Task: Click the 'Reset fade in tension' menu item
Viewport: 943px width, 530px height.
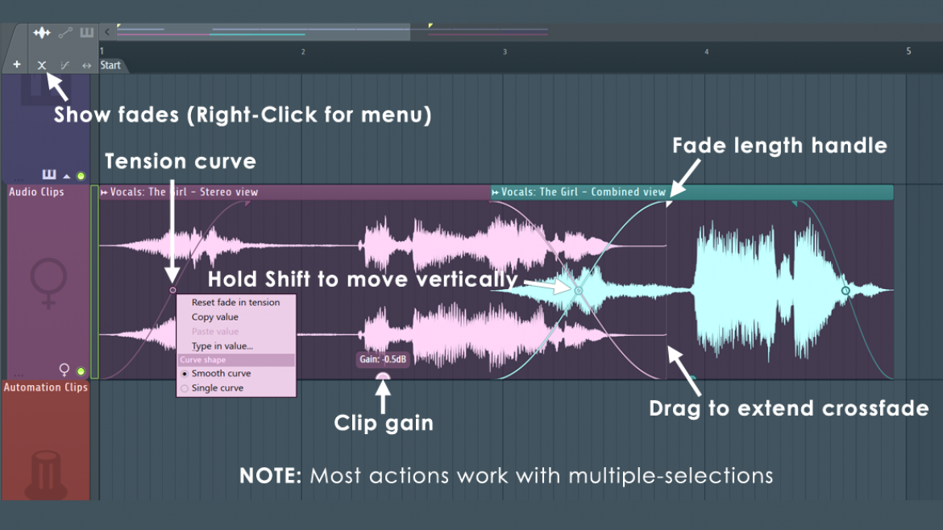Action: click(x=235, y=303)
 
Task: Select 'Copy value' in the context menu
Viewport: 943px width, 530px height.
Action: click(x=214, y=317)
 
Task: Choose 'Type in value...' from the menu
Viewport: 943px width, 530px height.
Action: click(x=222, y=346)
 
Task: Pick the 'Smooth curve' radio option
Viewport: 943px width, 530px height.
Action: click(x=220, y=374)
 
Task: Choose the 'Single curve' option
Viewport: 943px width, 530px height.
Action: click(x=217, y=388)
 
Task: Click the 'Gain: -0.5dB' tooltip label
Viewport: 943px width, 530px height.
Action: click(x=382, y=359)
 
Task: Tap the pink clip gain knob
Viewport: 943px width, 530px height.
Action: click(x=383, y=376)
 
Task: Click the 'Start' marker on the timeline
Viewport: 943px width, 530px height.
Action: click(x=110, y=65)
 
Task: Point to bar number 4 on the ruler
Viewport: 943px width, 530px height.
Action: click(x=707, y=52)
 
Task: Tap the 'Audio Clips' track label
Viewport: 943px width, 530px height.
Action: click(x=36, y=193)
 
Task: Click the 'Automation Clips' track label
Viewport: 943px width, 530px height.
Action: click(x=45, y=387)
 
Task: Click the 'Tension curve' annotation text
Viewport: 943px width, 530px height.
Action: click(x=180, y=161)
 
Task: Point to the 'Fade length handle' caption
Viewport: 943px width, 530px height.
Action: click(x=779, y=146)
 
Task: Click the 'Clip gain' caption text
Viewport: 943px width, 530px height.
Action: click(x=384, y=423)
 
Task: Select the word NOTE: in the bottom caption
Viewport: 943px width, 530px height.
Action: click(x=270, y=475)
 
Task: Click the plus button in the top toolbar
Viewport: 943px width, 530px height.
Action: click(x=17, y=64)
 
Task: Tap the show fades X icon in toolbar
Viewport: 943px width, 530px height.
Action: click(x=42, y=64)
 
